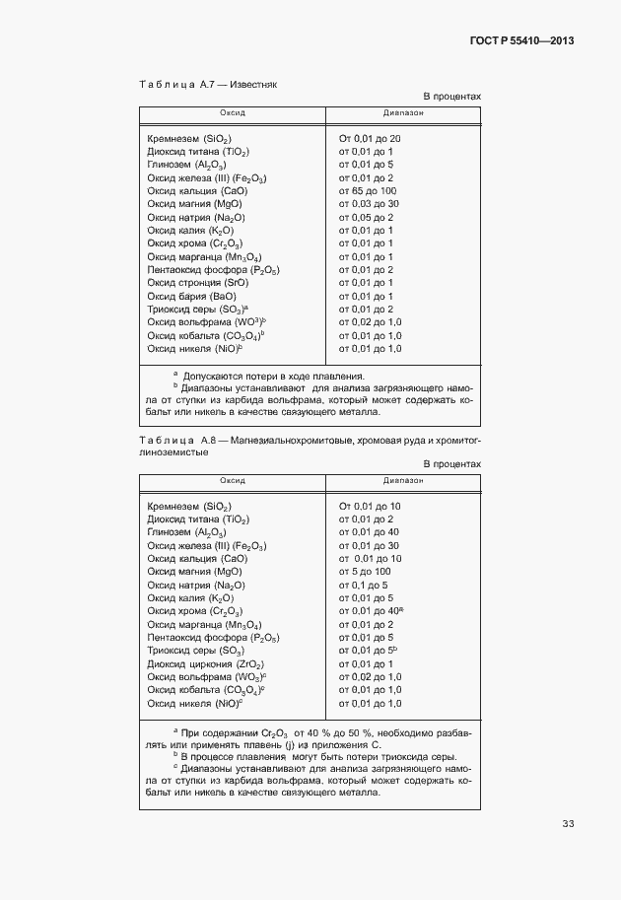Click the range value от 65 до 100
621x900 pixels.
368,190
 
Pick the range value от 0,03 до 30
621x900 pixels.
368,203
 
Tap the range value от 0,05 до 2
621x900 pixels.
366,217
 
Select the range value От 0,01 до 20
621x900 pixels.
370,138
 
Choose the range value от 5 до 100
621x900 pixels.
365,571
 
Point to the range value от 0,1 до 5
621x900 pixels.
364,585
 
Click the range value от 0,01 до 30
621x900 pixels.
369,545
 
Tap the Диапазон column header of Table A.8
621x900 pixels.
403,480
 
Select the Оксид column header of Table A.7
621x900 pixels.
233,113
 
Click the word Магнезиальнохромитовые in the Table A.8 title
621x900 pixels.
279,437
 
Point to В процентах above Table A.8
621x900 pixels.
451,462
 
